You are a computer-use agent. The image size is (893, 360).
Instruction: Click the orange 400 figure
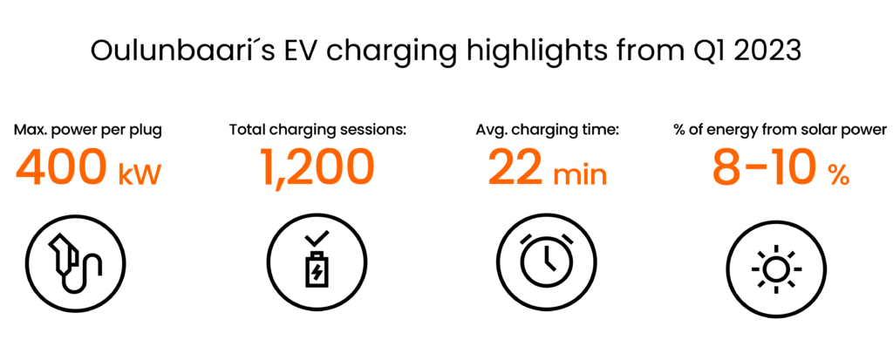tap(61, 168)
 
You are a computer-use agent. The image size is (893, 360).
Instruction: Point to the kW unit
tap(140, 175)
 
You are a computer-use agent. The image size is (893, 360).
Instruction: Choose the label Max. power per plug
tap(88, 131)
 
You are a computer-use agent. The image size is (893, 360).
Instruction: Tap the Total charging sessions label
tap(317, 131)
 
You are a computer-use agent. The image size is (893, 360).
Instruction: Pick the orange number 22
tap(515, 168)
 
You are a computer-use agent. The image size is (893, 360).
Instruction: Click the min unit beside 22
tap(580, 175)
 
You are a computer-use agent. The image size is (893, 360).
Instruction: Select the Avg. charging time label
tap(548, 131)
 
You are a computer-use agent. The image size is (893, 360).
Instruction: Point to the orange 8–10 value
tap(764, 168)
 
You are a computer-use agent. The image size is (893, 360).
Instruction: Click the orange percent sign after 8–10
tap(839, 175)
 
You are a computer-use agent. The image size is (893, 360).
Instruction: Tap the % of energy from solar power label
tap(778, 131)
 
